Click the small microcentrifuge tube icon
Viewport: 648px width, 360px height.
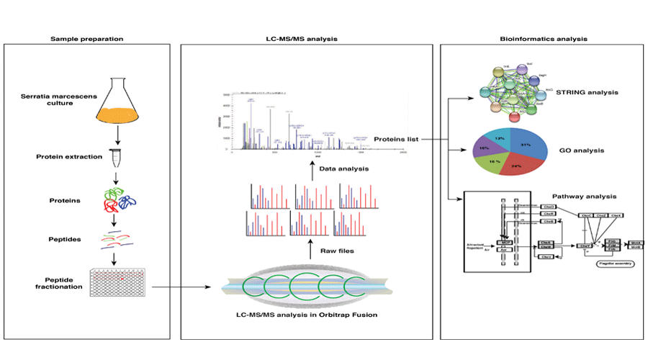[114, 155]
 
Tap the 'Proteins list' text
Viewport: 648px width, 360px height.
[397, 139]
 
